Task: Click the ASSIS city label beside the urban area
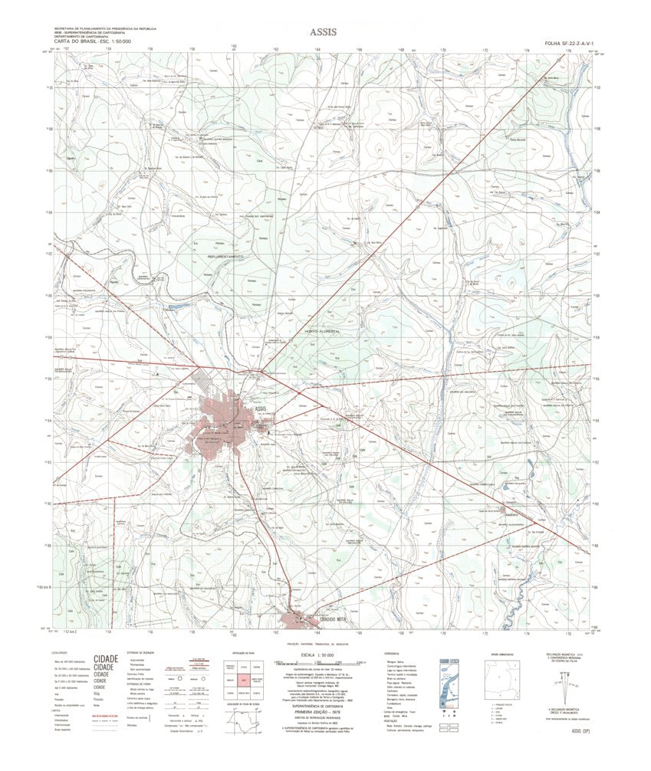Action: click(x=261, y=409)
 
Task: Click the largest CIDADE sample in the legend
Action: click(x=106, y=658)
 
